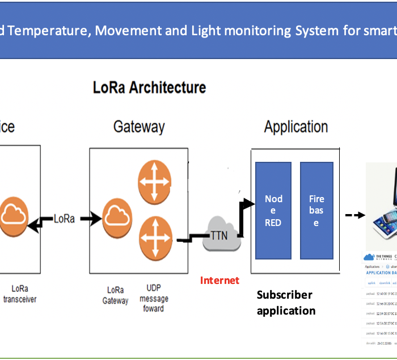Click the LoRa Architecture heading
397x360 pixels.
[x=149, y=87]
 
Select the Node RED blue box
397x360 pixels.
[x=273, y=211]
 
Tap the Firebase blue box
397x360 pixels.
[x=316, y=211]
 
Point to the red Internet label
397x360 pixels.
[x=219, y=280]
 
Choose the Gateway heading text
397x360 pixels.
[x=139, y=126]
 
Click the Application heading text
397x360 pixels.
[x=295, y=126]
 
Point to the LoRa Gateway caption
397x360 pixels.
[x=116, y=295]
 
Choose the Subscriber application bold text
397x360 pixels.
[x=285, y=303]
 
